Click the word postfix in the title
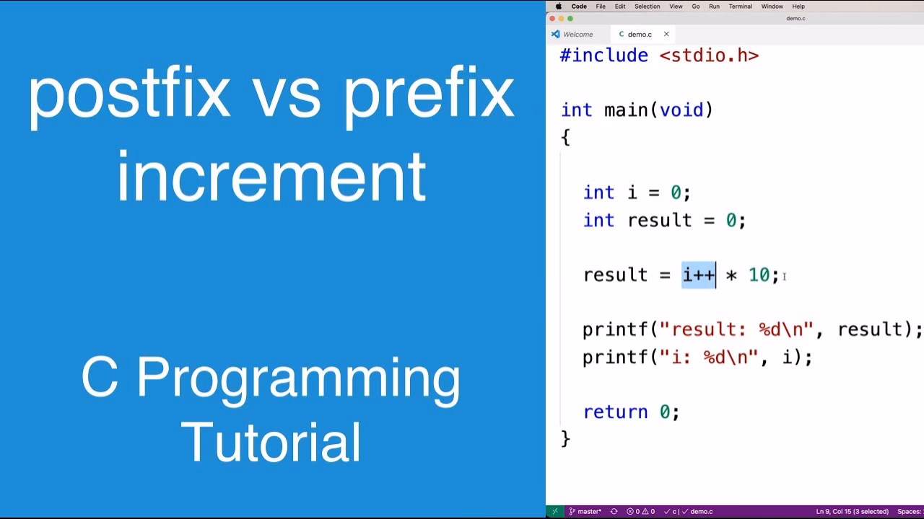[128, 95]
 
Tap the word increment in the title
[271, 177]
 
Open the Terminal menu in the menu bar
[740, 6]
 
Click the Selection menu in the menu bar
[647, 6]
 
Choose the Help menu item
[798, 6]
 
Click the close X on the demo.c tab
[666, 34]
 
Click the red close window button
[553, 19]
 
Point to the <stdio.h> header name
[709, 56]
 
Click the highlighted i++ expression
[698, 275]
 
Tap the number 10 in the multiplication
[759, 275]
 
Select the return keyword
[614, 412]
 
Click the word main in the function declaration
[626, 110]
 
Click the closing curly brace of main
[565, 438]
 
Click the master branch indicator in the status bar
[585, 512]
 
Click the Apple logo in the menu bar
[558, 6]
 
